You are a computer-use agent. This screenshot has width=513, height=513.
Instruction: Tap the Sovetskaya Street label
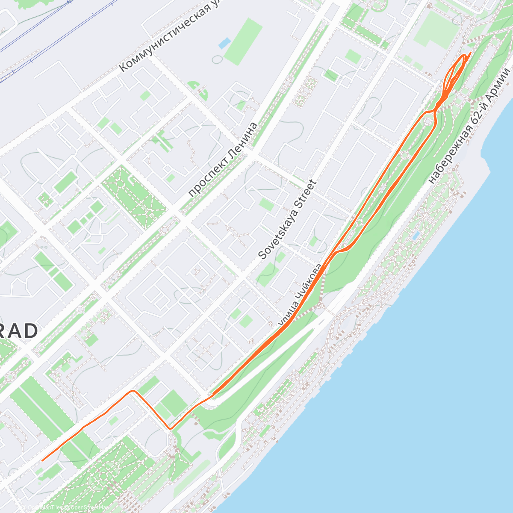pos(288,220)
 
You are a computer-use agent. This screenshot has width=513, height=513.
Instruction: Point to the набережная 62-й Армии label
pos(469,126)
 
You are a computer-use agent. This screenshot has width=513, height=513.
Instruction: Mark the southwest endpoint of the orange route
pos(42,460)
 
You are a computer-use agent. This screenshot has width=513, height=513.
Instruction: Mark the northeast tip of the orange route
pos(470,53)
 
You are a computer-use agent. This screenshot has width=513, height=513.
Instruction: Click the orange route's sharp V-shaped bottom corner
pos(170,428)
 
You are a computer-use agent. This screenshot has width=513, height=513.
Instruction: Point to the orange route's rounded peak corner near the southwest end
pos(133,391)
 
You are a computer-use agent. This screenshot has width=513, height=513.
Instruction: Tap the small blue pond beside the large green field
pos(224,43)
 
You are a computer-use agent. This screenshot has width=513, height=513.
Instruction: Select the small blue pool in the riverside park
pos(416,236)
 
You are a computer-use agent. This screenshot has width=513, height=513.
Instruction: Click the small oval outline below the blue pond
pos(217,59)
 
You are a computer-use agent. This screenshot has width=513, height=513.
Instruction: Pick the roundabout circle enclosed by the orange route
pos(428,122)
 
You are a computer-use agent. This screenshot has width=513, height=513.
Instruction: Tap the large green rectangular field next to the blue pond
pos(243,42)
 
